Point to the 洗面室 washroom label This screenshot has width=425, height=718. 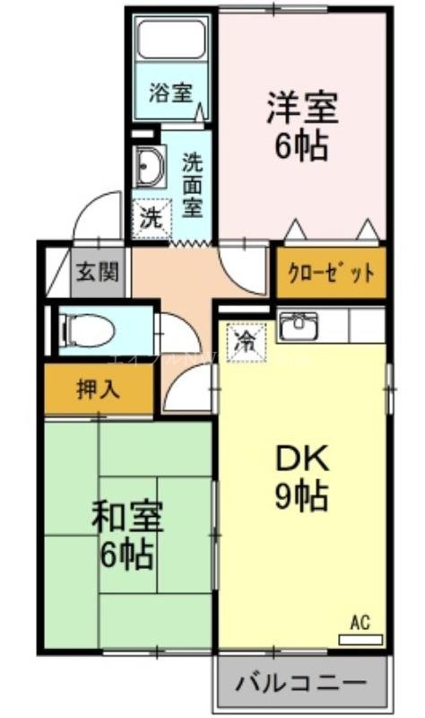pos(192,185)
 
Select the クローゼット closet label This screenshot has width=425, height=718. pos(331,274)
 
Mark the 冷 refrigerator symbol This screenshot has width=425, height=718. pos(243,338)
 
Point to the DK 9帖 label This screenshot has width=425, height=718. pos(301,477)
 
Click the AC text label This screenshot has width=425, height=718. pos(360,621)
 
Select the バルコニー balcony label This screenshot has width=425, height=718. pos(301,684)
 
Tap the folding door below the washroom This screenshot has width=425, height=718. pos(189,242)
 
